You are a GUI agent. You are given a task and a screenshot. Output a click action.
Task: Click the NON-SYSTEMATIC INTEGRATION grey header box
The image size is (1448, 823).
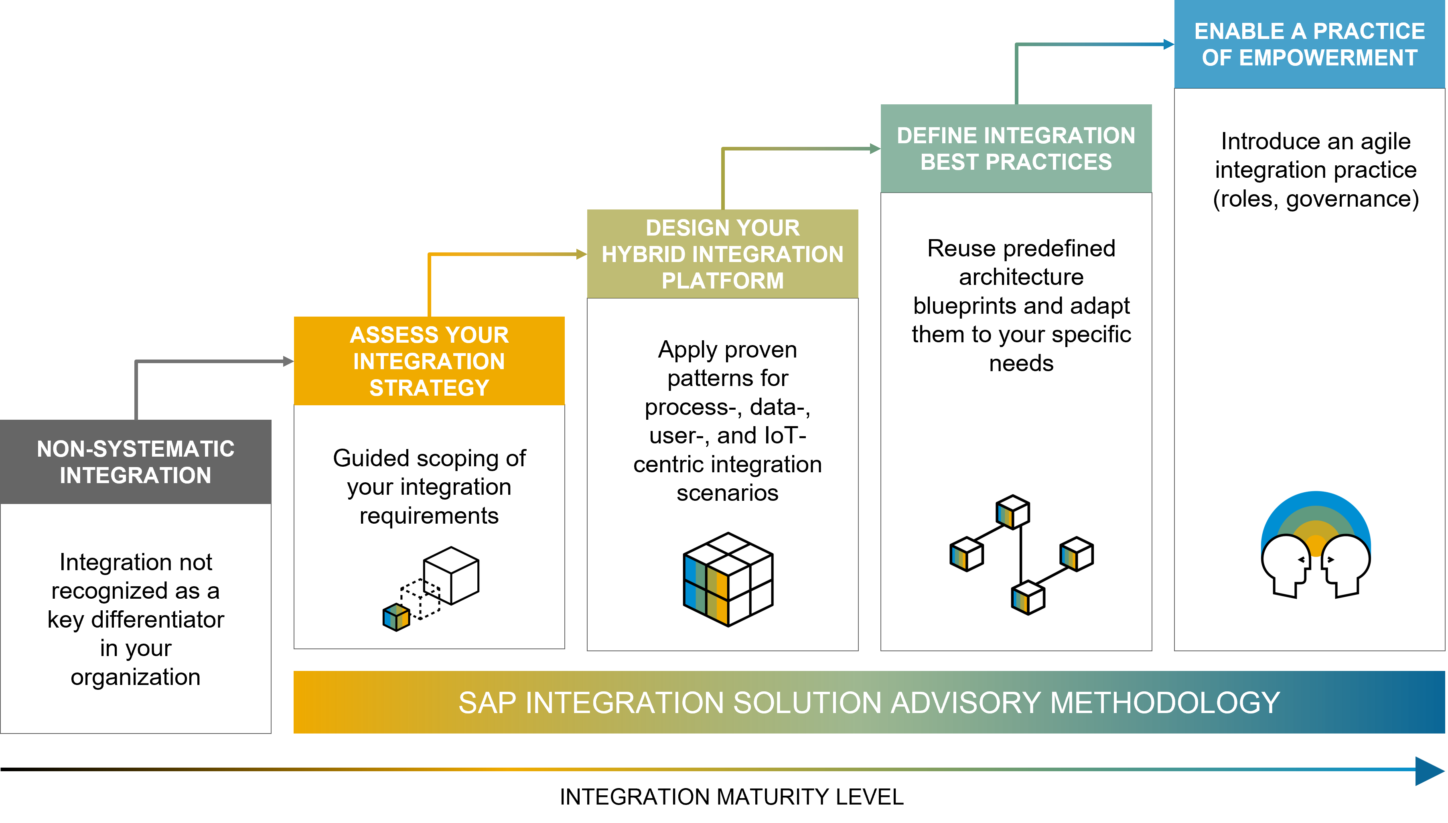point(136,462)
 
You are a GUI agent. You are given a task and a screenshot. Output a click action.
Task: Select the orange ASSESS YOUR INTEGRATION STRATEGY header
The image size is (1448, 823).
point(429,361)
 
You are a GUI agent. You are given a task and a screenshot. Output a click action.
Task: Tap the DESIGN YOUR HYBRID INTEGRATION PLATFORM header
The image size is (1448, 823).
point(722,254)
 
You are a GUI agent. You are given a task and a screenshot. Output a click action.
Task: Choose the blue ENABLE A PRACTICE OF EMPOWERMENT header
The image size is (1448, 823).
point(1310,44)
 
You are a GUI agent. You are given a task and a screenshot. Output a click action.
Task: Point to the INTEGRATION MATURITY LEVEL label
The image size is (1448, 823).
point(732,797)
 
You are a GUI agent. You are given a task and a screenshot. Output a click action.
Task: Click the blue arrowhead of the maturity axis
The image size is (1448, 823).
point(1430,770)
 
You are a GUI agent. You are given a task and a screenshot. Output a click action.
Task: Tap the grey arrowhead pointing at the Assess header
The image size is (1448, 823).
point(288,361)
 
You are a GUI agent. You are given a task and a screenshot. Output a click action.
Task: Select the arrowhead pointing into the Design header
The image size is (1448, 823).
point(581,254)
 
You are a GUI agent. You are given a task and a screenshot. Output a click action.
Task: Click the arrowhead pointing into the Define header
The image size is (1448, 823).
point(875,148)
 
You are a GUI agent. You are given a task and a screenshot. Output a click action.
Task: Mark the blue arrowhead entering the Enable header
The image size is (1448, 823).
point(1169,44)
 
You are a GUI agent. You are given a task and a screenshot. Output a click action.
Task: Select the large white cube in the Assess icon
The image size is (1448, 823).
point(451,575)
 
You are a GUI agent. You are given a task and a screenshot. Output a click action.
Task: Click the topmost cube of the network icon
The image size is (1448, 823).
point(1012,512)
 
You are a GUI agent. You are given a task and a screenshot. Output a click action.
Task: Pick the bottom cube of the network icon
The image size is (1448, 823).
point(1028,597)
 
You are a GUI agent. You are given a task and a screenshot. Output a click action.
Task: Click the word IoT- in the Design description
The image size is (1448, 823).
point(784,435)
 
